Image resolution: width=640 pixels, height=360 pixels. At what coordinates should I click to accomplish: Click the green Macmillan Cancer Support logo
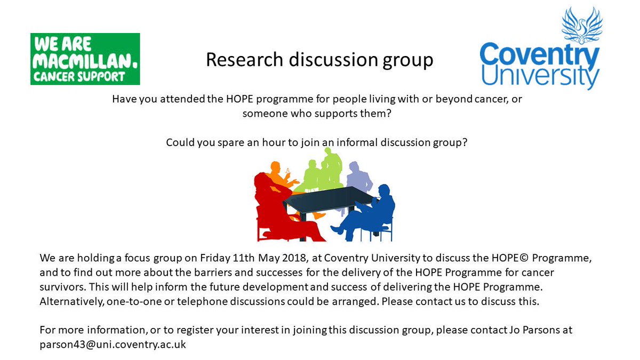tap(85, 59)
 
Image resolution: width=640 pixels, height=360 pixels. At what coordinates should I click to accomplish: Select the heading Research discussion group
tap(319, 60)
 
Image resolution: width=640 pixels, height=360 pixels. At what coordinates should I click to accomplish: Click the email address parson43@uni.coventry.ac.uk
tap(113, 344)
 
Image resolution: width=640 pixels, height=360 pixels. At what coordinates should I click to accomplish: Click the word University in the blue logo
tap(539, 78)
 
